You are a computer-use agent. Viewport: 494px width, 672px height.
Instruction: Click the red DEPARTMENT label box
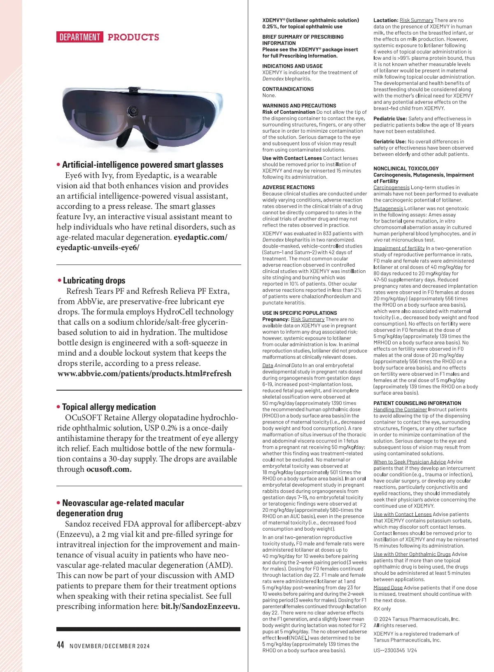pyautogui.click(x=80, y=37)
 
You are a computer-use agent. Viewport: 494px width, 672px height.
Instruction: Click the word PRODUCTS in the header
pyautogui.click(x=133, y=37)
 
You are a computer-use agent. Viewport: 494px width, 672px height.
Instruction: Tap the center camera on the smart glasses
pyautogui.click(x=133, y=111)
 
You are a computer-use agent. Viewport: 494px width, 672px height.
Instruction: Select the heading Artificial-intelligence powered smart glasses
pyautogui.click(x=142, y=165)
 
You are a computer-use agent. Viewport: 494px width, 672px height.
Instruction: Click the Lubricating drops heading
pyautogui.click(x=94, y=281)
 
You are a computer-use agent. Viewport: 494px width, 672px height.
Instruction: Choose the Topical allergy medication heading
pyautogui.click(x=109, y=407)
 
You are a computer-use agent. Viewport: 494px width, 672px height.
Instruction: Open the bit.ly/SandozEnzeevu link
pyautogui.click(x=200, y=606)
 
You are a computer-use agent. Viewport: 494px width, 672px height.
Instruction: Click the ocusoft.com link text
pyautogui.click(x=109, y=469)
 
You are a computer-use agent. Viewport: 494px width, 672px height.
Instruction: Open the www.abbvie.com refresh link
pyautogui.click(x=144, y=374)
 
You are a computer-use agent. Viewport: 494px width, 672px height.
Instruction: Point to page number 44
pyautogui.click(x=61, y=645)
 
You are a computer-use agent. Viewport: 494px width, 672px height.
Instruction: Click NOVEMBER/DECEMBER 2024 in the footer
pyautogui.click(x=110, y=646)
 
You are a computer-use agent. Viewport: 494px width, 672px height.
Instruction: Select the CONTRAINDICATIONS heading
pyautogui.click(x=288, y=89)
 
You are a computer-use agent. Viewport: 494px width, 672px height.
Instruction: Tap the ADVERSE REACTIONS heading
pyautogui.click(x=289, y=187)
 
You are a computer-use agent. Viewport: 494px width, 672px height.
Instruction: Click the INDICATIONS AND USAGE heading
pyautogui.click(x=293, y=66)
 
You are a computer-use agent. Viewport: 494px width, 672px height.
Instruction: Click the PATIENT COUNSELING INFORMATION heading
pyautogui.click(x=417, y=403)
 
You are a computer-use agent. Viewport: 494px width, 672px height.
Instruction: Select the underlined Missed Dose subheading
pyautogui.click(x=388, y=588)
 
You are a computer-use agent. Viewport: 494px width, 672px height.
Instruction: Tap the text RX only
pyautogui.click(x=382, y=609)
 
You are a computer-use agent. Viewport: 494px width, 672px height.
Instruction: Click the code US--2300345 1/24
pyautogui.click(x=395, y=650)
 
